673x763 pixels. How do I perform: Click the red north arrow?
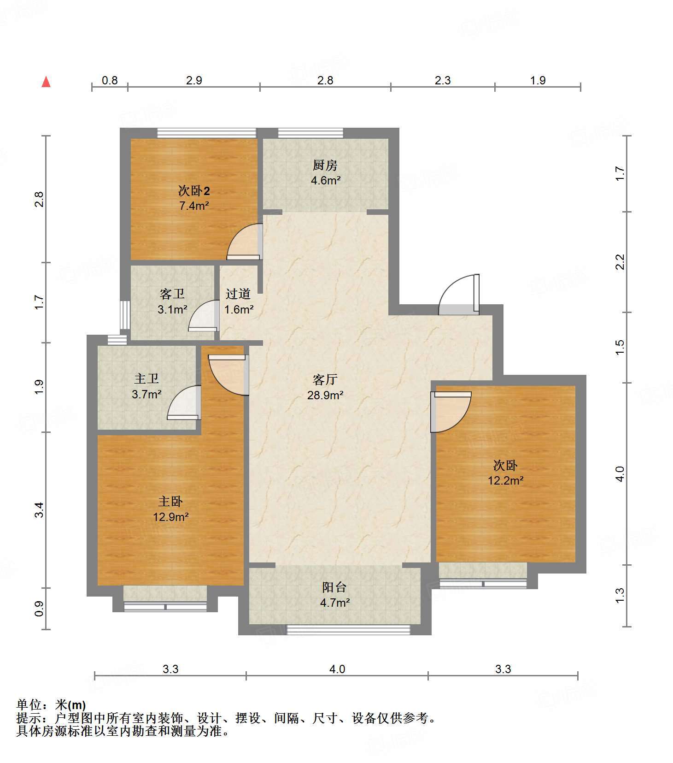(x=46, y=82)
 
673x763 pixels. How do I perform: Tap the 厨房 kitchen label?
(x=325, y=165)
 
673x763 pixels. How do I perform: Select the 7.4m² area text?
(x=194, y=206)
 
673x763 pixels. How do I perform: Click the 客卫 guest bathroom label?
(x=172, y=294)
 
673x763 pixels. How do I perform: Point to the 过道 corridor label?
(x=238, y=294)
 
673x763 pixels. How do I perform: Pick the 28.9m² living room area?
(x=325, y=395)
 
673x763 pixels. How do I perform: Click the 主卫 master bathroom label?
(x=146, y=379)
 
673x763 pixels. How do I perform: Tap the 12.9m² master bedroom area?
(x=171, y=517)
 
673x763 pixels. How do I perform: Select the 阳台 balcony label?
(x=334, y=587)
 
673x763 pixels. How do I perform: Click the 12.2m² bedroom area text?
(x=505, y=481)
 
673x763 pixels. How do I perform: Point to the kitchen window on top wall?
(x=310, y=133)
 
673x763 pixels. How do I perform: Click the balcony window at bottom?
(x=348, y=630)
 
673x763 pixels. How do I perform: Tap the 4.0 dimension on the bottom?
(x=337, y=669)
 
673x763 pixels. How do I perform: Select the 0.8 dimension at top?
(x=110, y=81)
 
